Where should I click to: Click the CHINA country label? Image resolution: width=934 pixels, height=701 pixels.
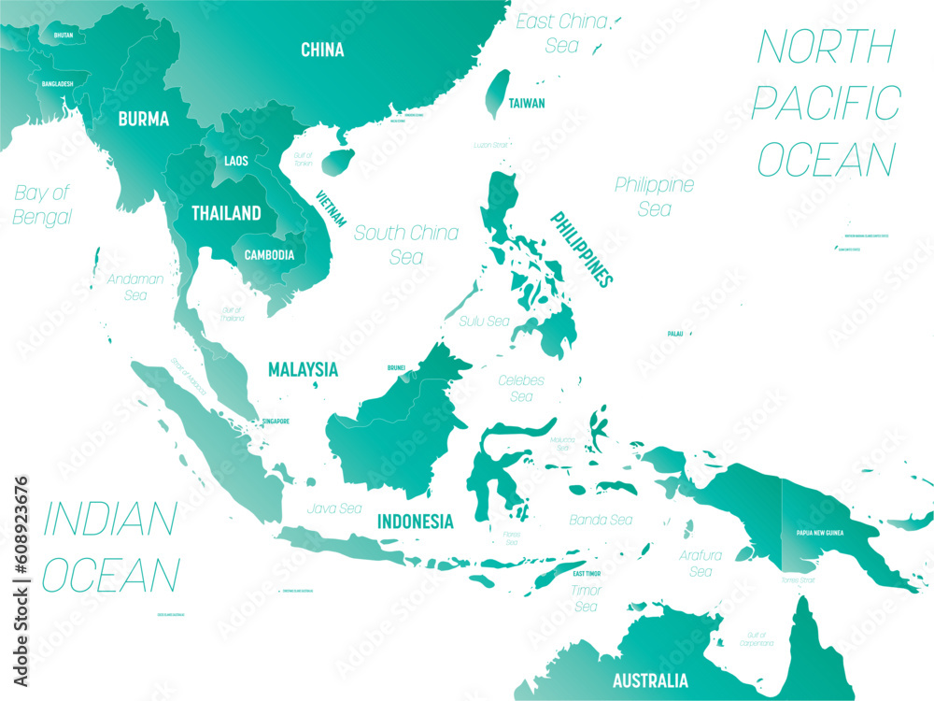[322, 50]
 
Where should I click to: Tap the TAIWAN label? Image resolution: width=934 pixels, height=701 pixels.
[527, 104]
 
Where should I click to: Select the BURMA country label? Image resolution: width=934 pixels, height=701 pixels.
[143, 119]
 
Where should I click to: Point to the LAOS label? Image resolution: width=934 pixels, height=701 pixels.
[236, 161]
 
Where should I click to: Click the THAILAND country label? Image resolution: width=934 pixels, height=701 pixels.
[226, 213]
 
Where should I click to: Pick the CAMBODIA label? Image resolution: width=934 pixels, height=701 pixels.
[269, 254]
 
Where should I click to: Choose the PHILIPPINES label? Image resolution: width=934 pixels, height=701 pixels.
[581, 249]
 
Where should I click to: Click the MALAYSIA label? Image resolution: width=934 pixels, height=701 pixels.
[303, 369]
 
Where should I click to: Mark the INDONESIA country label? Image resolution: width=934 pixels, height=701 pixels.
[415, 522]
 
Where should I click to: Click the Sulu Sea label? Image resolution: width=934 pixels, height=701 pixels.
[485, 321]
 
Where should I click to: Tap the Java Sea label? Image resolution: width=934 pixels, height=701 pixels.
[336, 509]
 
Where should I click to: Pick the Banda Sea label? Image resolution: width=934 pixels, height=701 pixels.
[601, 520]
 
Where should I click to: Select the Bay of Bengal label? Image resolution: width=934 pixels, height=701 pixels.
[43, 205]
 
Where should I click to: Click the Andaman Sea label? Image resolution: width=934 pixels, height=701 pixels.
[135, 287]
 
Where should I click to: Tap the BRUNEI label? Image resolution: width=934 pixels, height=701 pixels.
[397, 367]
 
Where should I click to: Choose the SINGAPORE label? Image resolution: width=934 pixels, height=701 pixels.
[275, 422]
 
